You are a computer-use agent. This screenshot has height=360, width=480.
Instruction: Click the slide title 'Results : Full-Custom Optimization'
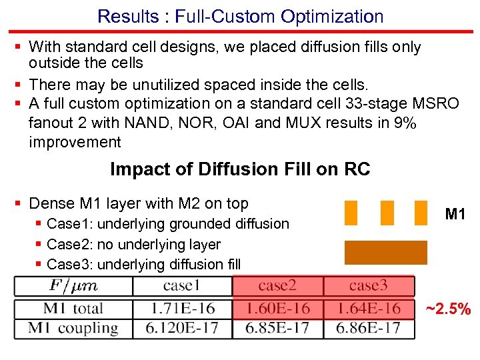(240, 16)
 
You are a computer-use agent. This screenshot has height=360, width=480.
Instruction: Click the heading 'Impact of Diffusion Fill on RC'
(240, 169)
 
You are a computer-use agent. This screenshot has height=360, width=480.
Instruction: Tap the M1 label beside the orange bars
(455, 214)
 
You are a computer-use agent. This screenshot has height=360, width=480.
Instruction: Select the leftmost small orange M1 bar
(351, 213)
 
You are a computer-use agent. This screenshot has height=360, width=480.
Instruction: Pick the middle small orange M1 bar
(387, 213)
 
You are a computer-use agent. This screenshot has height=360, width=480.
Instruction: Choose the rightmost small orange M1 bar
(421, 213)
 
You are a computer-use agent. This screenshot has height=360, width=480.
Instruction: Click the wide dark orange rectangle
(385, 253)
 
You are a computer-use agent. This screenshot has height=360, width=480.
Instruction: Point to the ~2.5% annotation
(448, 309)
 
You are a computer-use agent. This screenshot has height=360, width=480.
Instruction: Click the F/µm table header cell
(73, 287)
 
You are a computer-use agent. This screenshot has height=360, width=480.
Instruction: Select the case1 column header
(182, 287)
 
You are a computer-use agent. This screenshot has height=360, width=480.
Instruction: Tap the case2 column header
(277, 287)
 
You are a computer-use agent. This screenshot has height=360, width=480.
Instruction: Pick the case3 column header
(368, 287)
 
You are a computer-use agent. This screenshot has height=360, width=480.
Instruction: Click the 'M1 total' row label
(73, 308)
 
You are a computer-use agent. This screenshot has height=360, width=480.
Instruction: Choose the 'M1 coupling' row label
(73, 328)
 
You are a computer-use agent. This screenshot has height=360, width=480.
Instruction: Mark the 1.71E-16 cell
(182, 308)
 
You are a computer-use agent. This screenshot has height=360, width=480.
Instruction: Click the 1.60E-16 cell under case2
(277, 308)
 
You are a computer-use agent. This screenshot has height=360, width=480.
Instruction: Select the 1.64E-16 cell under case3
(368, 308)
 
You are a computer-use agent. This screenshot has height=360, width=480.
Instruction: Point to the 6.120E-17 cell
(182, 328)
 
